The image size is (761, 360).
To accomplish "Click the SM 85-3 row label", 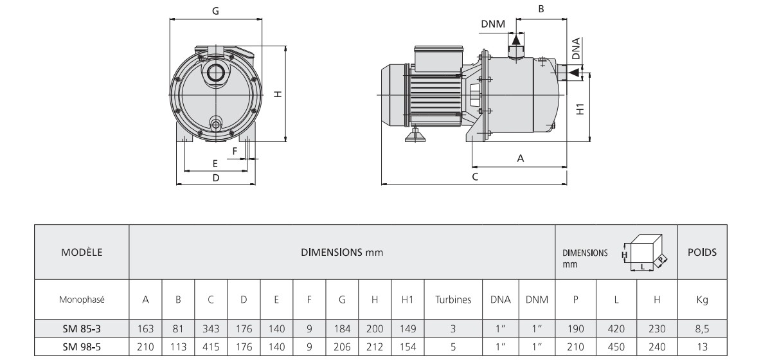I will (x=82, y=328).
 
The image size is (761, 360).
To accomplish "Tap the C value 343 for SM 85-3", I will (x=211, y=328).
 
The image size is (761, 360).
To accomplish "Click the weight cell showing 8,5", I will (x=703, y=328).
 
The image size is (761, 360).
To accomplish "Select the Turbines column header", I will (x=452, y=300).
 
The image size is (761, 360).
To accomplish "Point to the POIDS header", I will (x=703, y=253).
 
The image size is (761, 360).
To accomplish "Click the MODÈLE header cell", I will (x=82, y=253).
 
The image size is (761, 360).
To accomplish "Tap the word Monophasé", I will (x=82, y=300).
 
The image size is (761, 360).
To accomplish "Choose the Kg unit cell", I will (x=703, y=300).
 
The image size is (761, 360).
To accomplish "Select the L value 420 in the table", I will (x=616, y=328).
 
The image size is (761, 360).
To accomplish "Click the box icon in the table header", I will (x=646, y=253).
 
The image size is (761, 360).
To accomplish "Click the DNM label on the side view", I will (x=492, y=24).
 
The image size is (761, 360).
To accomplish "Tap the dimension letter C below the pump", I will (x=475, y=177).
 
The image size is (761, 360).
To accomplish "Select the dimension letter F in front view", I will (x=235, y=150).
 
